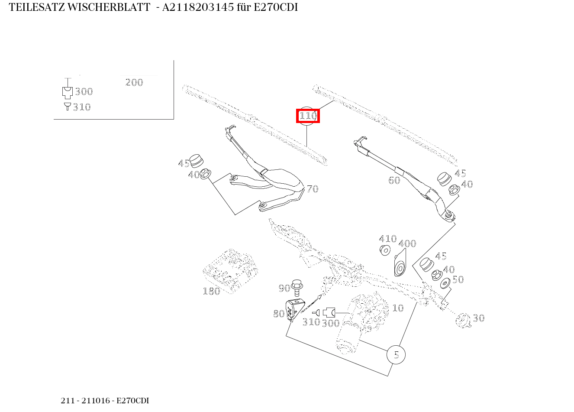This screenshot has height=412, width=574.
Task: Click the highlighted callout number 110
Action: (x=308, y=116)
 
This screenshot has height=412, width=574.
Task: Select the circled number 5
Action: (x=396, y=355)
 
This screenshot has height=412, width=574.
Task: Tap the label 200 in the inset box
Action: (x=134, y=82)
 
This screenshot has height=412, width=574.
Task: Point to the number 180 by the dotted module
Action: (x=211, y=291)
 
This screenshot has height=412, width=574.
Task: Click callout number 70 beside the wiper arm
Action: (x=312, y=189)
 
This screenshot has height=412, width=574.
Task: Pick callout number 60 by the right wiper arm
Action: (x=394, y=180)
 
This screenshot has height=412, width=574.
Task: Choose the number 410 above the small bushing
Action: (x=387, y=239)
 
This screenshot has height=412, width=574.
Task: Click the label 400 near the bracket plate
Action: (x=407, y=243)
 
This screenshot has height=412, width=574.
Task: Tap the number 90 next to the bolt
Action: (x=284, y=288)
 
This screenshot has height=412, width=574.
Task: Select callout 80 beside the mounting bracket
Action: (x=278, y=314)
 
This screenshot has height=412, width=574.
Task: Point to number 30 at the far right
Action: (x=478, y=318)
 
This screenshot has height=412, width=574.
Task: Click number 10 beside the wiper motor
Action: (x=397, y=308)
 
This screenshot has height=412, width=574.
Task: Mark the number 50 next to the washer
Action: (x=458, y=279)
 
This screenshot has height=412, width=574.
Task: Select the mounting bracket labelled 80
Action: (x=293, y=310)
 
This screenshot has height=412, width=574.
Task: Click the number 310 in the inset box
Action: (x=81, y=107)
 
